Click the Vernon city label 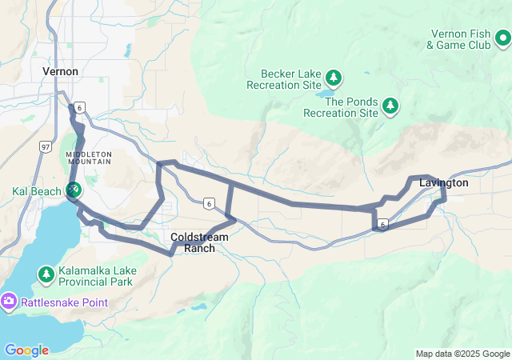point(60,72)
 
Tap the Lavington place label point(443,183)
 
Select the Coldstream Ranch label point(199,242)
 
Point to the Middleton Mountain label point(89,157)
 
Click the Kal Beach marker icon point(74,190)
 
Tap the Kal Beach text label point(36,192)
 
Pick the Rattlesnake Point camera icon point(9,301)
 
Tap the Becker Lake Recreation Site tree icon point(334,78)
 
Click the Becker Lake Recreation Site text point(283,79)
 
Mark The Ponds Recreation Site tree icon point(390,105)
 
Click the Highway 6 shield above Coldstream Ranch point(208,203)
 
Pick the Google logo point(26,350)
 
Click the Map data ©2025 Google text point(462,354)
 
